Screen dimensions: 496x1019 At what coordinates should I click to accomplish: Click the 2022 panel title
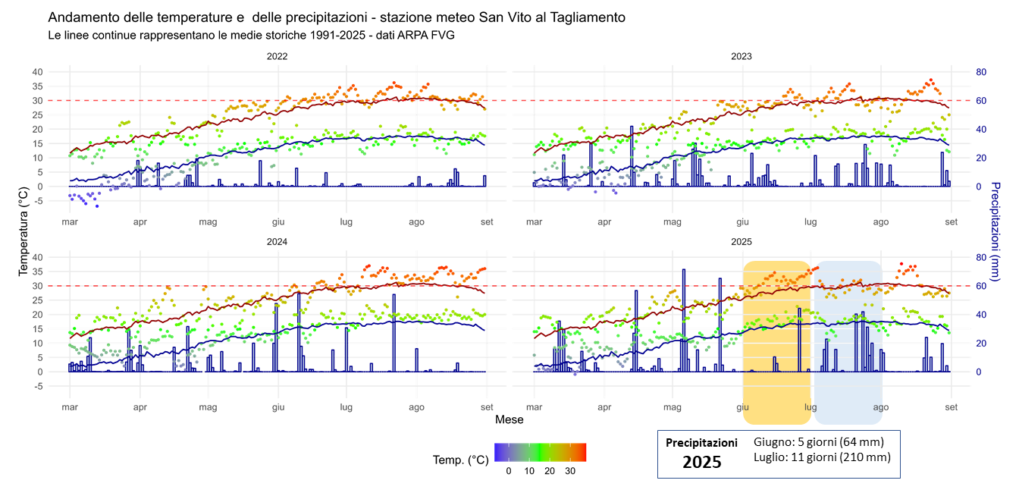(277, 56)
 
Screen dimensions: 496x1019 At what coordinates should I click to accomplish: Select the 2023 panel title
(741, 56)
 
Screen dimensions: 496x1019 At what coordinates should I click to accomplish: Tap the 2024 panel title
(277, 242)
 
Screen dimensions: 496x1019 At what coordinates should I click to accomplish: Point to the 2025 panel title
(741, 242)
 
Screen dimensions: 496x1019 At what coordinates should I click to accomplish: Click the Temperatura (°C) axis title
(24, 228)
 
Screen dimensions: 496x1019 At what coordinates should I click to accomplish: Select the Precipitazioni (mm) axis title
(995, 231)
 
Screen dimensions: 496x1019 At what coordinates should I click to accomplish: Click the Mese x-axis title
(509, 419)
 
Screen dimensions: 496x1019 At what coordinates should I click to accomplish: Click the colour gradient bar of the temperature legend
(540, 452)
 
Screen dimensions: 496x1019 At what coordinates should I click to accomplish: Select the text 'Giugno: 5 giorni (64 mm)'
(819, 441)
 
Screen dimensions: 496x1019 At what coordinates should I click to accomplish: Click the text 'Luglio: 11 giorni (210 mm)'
(822, 457)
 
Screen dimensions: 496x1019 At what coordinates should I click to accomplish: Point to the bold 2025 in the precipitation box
(701, 462)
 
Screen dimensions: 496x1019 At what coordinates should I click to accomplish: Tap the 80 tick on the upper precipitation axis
(980, 72)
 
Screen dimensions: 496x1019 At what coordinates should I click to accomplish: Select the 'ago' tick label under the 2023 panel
(880, 221)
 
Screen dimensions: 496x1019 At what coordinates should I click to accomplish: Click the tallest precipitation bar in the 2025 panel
(684, 319)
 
